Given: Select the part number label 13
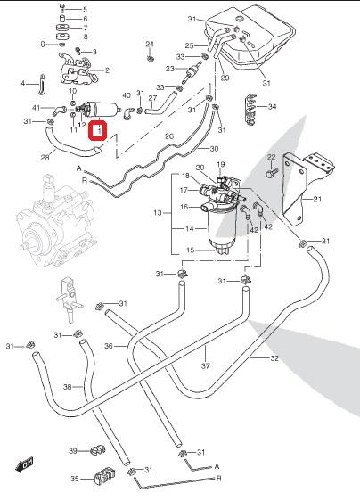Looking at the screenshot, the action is click(158, 212).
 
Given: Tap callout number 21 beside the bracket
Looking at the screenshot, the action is click(317, 200).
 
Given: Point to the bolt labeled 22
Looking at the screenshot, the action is click(271, 173).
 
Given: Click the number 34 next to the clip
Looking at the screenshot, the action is click(272, 106).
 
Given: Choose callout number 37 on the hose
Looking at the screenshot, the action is click(205, 365).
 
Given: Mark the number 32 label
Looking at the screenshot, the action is click(274, 358).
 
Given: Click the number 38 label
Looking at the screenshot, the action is click(68, 387).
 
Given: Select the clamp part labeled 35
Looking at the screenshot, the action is click(104, 476).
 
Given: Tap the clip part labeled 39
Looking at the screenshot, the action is click(97, 450).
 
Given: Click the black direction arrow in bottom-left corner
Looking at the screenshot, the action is click(24, 464).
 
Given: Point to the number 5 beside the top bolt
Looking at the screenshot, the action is click(85, 9).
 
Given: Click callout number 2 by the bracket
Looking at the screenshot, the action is click(107, 70).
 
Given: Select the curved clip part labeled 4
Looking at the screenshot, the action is click(42, 85).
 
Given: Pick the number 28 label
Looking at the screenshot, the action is click(45, 157).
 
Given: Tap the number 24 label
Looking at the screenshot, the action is click(150, 44).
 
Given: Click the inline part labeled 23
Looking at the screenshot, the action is click(191, 73).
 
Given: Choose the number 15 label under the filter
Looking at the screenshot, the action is click(191, 250).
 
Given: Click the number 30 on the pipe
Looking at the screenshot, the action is click(214, 149).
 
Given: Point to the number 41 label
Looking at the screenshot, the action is click(37, 108).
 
